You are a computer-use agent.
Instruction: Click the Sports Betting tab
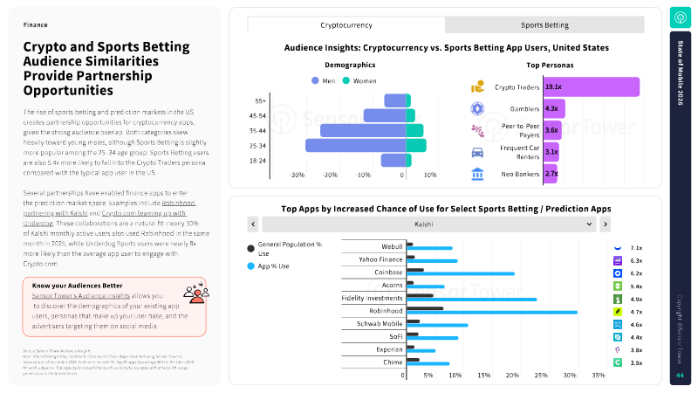[545, 25]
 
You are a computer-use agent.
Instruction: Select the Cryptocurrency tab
[346, 25]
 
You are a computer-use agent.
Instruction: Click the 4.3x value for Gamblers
[551, 108]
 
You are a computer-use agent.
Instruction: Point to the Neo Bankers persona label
[513, 174]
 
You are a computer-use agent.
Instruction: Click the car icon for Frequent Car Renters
[478, 152]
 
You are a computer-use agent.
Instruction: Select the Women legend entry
[359, 81]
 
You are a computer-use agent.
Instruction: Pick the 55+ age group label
[260, 100]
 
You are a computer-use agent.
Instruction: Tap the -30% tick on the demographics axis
[298, 175]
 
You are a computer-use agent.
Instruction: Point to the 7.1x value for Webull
[636, 248]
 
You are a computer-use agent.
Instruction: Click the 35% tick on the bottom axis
[599, 376]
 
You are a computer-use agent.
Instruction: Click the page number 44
[680, 376]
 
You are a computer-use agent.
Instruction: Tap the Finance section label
[36, 25]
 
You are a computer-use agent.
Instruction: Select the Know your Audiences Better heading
[77, 286]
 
